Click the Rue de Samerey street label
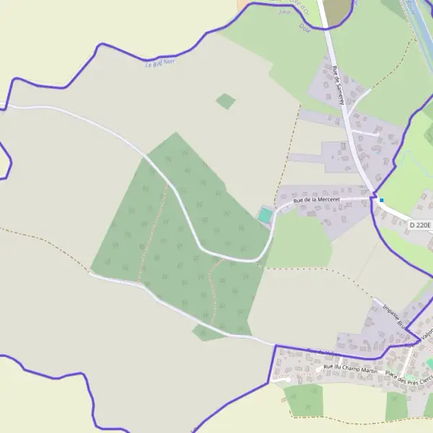tap(338, 86)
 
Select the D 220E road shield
tap(419, 225)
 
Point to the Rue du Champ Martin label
tap(351, 369)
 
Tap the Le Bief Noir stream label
tap(160, 63)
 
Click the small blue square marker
tap(382, 200)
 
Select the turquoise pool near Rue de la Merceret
tap(266, 215)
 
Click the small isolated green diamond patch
tap(226, 101)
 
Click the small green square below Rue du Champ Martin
tap(303, 400)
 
